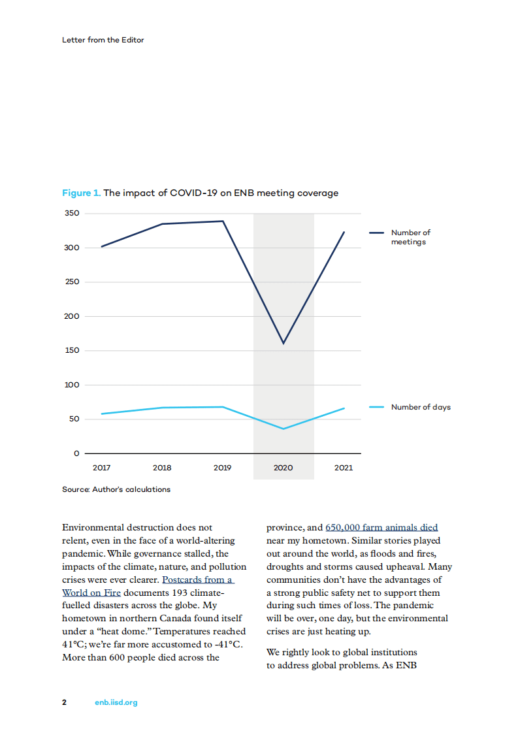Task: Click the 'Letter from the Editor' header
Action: tap(103, 40)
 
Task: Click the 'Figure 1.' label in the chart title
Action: tap(81, 193)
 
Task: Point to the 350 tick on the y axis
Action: tap(72, 214)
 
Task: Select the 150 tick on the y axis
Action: tap(72, 351)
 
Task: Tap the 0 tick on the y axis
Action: tap(76, 453)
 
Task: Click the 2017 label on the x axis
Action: tap(101, 468)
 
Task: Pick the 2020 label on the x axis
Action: tap(283, 468)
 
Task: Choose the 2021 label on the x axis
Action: tap(344, 468)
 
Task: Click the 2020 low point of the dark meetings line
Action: tap(283, 344)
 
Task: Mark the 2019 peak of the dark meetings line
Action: tap(223, 221)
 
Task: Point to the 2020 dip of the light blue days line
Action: tap(283, 429)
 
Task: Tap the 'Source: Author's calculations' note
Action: tap(116, 489)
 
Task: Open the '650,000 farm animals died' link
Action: tap(381, 527)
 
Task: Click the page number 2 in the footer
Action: tap(64, 702)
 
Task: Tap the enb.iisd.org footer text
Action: tap(116, 702)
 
